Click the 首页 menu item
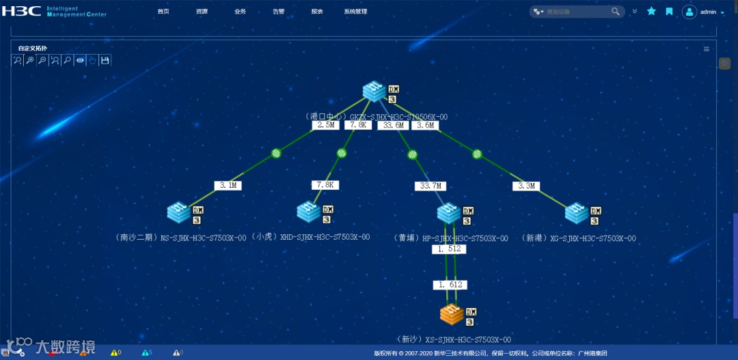(x=163, y=12)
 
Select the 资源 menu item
(x=202, y=12)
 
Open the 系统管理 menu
(x=355, y=12)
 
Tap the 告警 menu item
(x=279, y=12)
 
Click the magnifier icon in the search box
(x=616, y=12)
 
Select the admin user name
(x=708, y=12)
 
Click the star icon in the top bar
(x=651, y=12)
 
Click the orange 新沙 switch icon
(x=452, y=314)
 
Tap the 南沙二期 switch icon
(x=179, y=212)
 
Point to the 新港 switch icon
(x=577, y=212)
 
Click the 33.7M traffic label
(x=430, y=186)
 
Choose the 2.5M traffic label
(x=325, y=126)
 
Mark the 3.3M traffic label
(x=528, y=186)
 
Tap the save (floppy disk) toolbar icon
(x=105, y=60)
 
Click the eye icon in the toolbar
(x=80, y=60)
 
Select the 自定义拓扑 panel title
(x=33, y=48)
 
